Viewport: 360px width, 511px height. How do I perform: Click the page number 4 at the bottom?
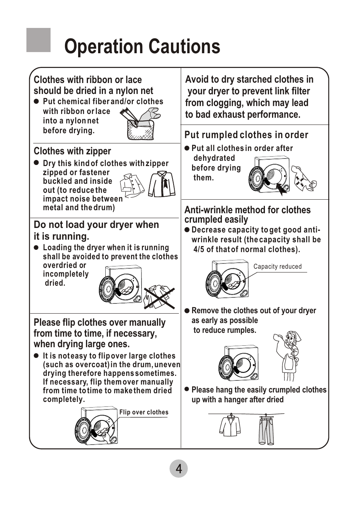click(x=178, y=469)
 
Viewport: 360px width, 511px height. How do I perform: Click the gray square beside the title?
click(x=38, y=40)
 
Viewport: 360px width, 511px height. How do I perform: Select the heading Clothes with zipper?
click(x=72, y=151)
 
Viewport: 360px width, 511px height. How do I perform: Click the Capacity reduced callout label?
click(x=277, y=266)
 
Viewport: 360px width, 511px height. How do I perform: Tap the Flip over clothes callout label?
click(x=144, y=412)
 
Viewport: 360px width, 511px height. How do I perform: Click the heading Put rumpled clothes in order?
click(x=246, y=135)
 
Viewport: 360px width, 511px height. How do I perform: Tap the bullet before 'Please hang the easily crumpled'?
click(x=187, y=389)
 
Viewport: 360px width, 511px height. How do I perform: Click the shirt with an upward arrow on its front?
click(x=162, y=184)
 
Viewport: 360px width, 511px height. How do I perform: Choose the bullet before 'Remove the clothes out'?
click(x=187, y=311)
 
